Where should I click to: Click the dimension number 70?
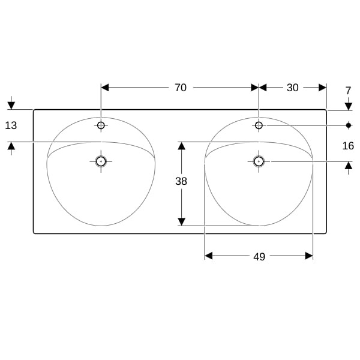(181, 88)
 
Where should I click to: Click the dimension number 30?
(293, 88)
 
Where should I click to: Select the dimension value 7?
(348, 91)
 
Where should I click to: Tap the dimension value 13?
(11, 125)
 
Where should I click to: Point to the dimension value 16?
(348, 146)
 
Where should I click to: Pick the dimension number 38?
(181, 181)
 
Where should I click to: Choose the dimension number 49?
(259, 257)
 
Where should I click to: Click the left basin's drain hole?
(101, 161)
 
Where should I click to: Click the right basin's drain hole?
(259, 161)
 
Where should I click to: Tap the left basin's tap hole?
(101, 125)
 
